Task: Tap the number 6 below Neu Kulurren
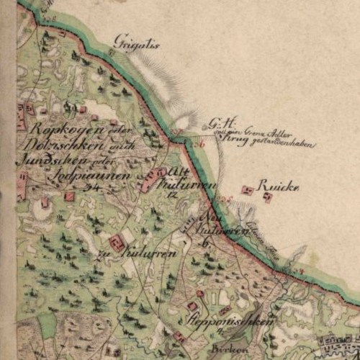point(206,243)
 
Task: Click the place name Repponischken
point(230,322)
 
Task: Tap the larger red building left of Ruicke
point(248,190)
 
